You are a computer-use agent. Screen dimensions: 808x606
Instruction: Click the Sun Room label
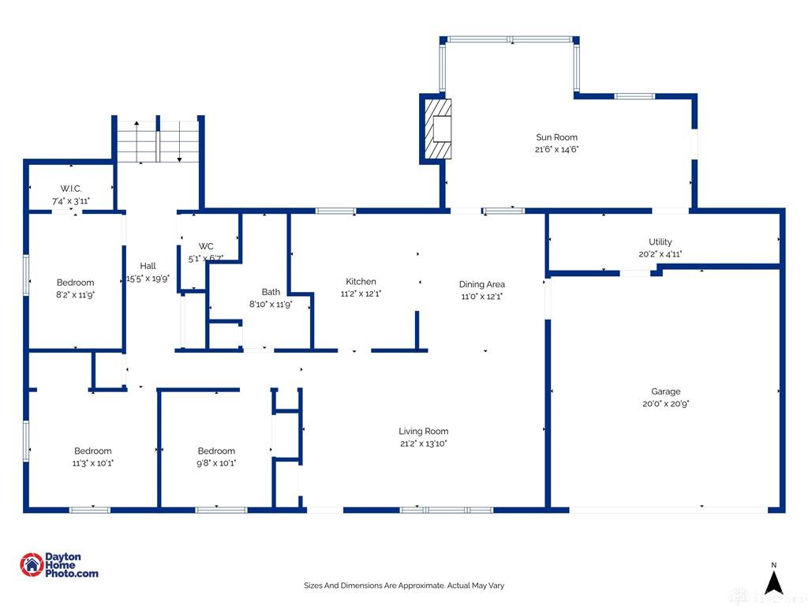[556, 137]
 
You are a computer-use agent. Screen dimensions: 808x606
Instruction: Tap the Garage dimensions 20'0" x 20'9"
[665, 404]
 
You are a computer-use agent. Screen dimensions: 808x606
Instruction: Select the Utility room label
[660, 241]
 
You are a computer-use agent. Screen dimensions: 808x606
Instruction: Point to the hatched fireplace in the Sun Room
[437, 129]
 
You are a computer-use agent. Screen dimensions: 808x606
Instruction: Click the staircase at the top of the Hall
[158, 142]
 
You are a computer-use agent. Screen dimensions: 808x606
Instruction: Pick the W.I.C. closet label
[70, 189]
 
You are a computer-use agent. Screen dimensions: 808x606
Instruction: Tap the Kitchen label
[361, 282]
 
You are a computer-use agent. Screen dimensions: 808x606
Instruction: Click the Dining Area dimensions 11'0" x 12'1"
[482, 297]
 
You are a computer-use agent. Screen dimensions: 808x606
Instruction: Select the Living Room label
[423, 432]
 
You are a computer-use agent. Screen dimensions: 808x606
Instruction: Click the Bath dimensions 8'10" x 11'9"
[271, 304]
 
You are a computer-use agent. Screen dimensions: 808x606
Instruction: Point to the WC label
[206, 246]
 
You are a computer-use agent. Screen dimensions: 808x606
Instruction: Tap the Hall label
[148, 266]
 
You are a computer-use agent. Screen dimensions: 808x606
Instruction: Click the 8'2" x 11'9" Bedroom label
[75, 282]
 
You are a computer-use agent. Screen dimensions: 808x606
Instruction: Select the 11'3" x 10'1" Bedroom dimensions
[93, 463]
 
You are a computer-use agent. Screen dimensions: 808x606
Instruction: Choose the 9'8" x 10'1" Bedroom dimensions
[216, 463]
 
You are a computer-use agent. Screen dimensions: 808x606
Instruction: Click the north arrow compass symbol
[773, 582]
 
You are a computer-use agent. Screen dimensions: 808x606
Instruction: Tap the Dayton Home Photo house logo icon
[32, 565]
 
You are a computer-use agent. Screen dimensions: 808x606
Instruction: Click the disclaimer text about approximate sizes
[404, 585]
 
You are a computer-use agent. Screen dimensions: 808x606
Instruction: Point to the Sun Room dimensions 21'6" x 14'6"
[556, 149]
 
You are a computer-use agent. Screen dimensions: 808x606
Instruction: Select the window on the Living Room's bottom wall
[447, 511]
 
